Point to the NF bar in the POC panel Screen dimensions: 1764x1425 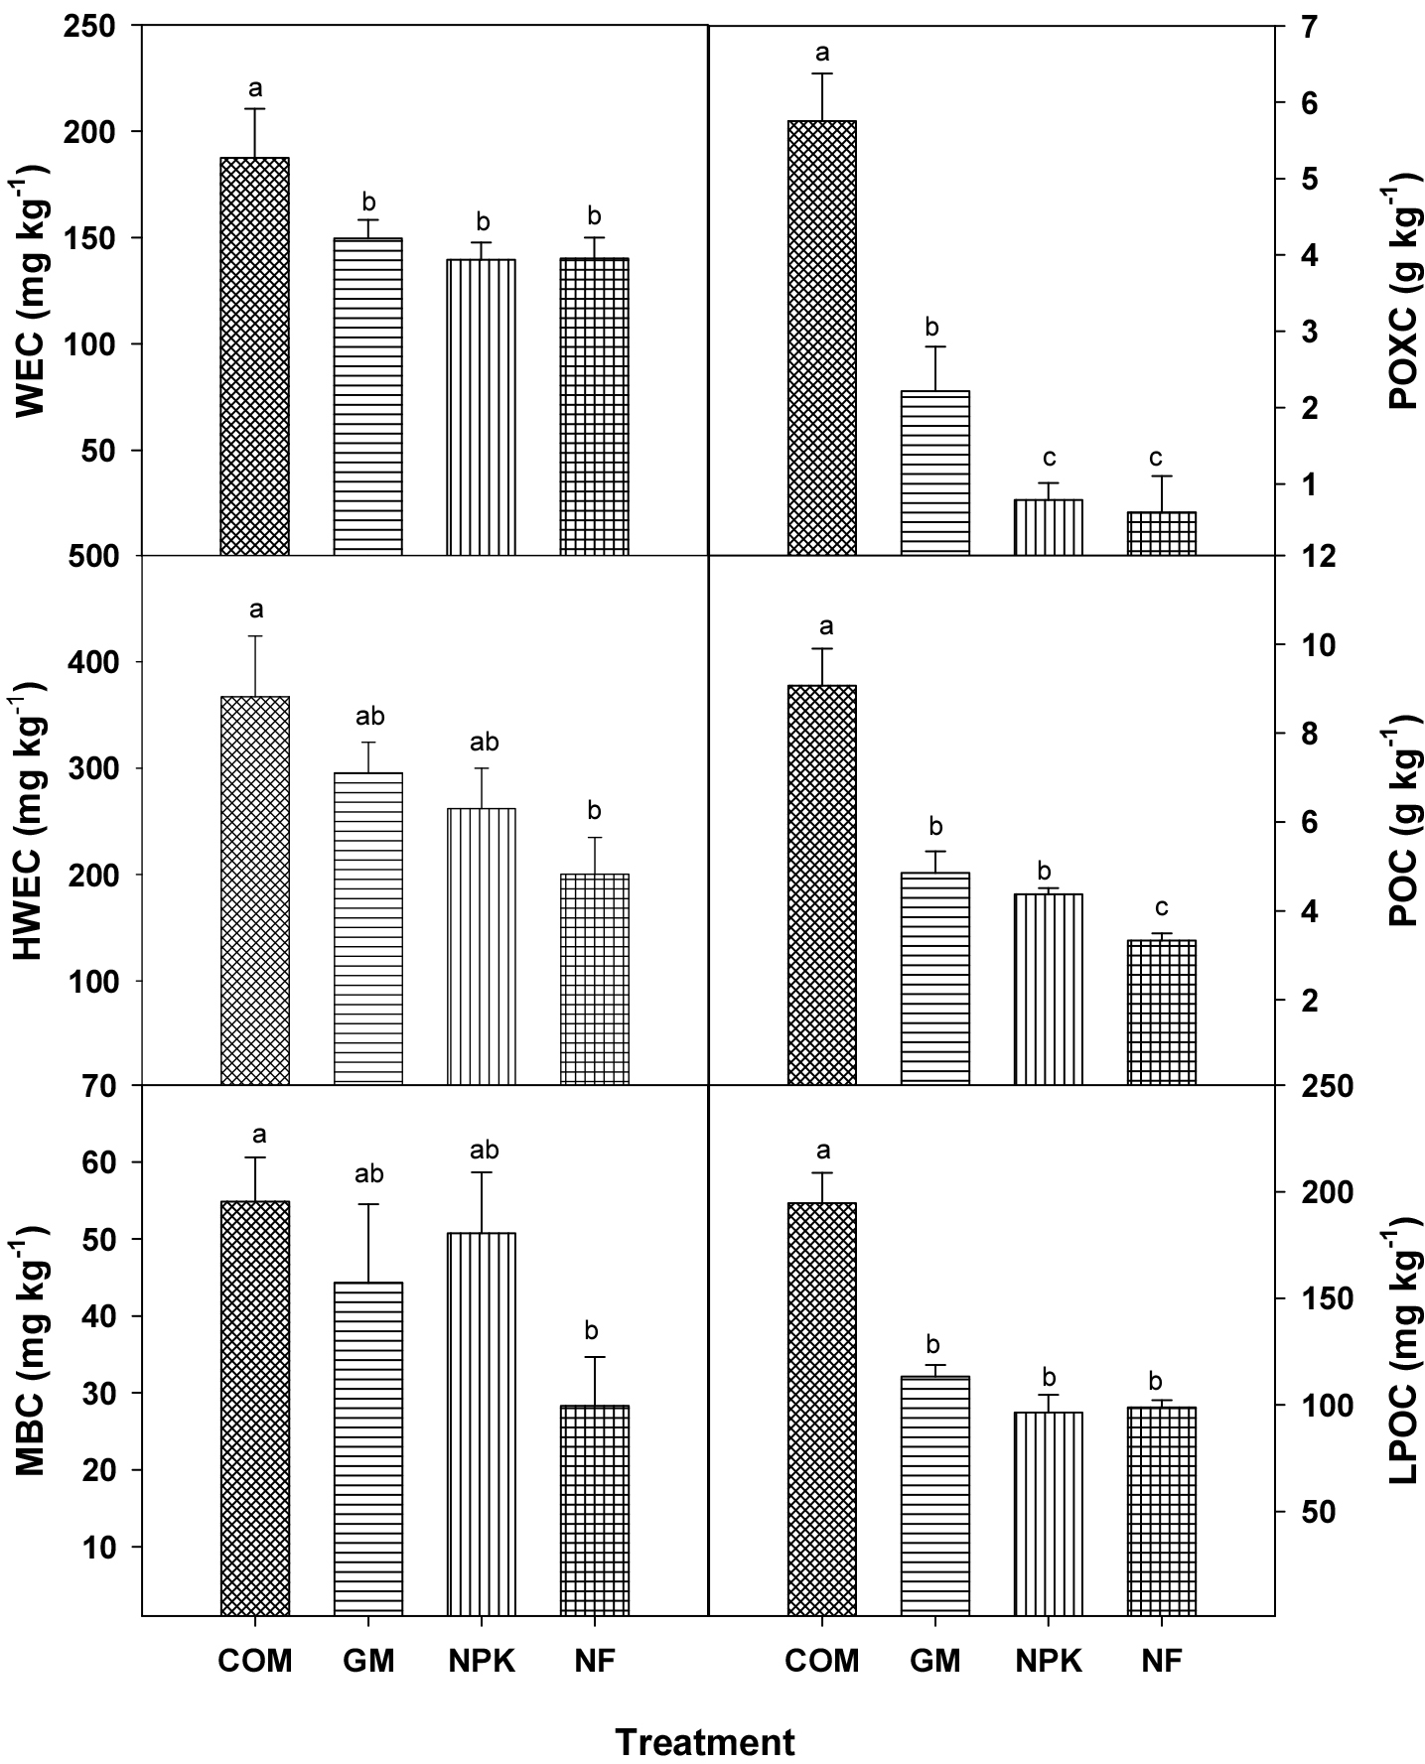click(x=1162, y=1013)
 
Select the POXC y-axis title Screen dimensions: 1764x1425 click(x=1403, y=294)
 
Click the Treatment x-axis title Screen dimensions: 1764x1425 click(x=705, y=1742)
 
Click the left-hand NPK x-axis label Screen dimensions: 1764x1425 click(x=481, y=1661)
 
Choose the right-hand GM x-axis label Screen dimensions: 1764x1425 click(x=934, y=1661)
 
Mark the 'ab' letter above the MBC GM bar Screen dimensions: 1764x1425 click(x=368, y=1175)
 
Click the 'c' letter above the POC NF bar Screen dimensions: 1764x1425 click(x=1162, y=907)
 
